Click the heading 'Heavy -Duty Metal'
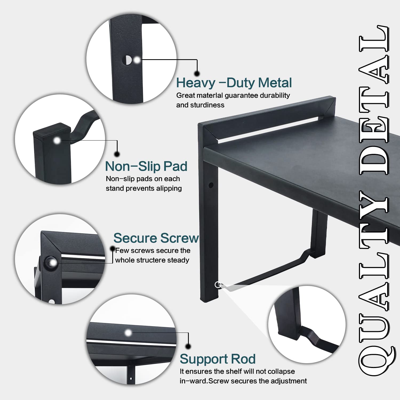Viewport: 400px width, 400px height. coord(234,83)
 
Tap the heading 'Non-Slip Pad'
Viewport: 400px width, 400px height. coord(146,166)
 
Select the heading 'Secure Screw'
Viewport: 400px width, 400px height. coord(156,238)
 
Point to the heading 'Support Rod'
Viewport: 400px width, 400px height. coord(218,359)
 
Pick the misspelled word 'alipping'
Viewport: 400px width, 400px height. coord(169,188)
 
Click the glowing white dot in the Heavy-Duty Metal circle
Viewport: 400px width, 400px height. coord(137,60)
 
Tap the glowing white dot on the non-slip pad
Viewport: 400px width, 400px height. coord(57,141)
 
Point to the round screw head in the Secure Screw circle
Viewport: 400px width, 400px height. coord(51,263)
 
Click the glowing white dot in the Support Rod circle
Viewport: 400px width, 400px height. coord(128,333)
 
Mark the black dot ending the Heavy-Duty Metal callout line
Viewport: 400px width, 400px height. coord(197,74)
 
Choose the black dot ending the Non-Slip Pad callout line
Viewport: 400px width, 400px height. coord(117,154)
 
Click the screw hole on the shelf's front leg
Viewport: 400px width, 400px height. coord(211,185)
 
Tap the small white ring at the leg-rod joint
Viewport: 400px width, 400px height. coord(218,285)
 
